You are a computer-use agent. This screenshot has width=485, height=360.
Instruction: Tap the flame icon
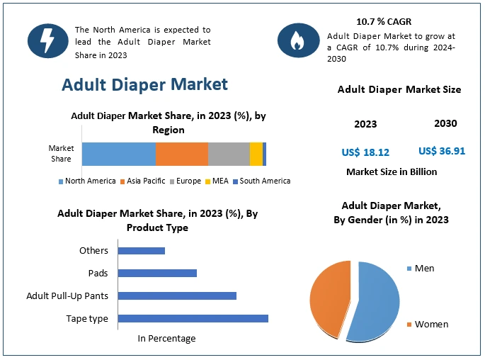298,40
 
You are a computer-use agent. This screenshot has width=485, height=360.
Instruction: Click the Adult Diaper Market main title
144,84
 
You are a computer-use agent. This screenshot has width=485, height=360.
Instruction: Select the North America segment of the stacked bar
118,154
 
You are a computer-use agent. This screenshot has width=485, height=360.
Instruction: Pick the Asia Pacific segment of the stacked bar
181,154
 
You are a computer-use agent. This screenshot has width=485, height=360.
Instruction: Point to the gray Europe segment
229,154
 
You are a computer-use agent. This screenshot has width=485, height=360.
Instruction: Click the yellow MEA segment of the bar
256,154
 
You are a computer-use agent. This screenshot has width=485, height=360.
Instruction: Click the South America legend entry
261,181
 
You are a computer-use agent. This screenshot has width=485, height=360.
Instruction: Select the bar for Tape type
193,318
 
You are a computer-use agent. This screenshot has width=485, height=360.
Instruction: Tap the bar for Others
141,250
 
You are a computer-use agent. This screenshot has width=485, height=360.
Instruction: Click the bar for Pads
157,273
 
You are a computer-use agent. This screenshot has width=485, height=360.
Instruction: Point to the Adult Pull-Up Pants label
67,296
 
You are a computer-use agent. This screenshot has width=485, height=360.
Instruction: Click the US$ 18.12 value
365,152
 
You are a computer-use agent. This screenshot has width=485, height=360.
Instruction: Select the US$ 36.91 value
442,151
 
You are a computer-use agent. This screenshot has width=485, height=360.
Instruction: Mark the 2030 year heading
445,123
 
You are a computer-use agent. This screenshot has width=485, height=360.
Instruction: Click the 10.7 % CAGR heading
383,21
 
